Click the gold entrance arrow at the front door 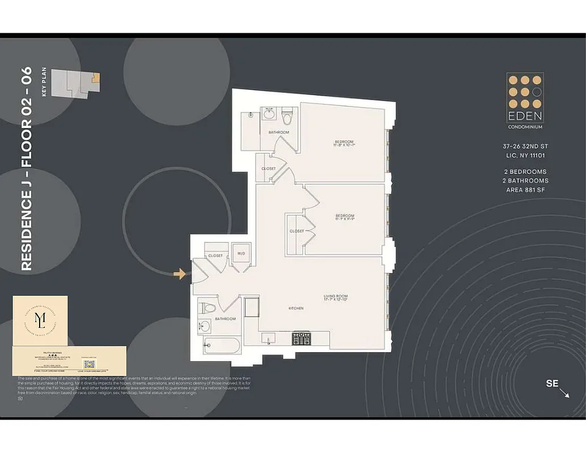pos(179,274)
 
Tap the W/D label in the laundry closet pos(241,254)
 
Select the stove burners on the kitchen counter pos(302,338)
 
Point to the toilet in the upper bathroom pos(287,116)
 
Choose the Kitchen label pos(296,309)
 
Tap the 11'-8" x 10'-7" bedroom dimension pos(344,146)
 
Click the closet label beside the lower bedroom pos(296,231)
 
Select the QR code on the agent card pos(89,364)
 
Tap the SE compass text pos(552,383)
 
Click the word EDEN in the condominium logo pos(525,116)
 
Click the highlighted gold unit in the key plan pos(96,77)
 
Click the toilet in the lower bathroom pos(207,309)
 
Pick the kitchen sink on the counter pos(268,338)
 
